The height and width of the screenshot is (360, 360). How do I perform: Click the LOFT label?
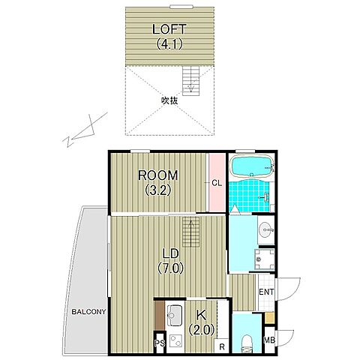click(169, 29)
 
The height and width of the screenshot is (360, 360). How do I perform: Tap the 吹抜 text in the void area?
click(169, 100)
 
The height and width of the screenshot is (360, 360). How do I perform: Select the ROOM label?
click(158, 175)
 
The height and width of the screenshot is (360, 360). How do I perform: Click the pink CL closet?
click(217, 183)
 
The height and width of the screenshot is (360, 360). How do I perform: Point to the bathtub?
click(252, 166)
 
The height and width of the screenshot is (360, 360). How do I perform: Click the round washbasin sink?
click(266, 229)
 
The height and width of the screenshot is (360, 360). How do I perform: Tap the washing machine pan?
click(265, 259)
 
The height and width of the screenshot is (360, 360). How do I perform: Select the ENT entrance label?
click(266, 292)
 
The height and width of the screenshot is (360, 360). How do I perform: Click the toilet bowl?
click(247, 343)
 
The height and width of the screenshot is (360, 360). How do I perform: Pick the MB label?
click(269, 340)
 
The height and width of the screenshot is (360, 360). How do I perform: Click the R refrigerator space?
click(222, 346)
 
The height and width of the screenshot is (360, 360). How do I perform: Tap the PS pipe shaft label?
click(160, 343)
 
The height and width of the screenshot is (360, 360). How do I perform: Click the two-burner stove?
click(175, 341)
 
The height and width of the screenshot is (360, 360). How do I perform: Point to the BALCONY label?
click(88, 312)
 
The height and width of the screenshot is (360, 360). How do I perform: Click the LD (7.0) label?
click(171, 261)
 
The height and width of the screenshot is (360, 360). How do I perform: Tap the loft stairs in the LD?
click(190, 232)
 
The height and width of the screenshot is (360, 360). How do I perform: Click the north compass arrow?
click(85, 130)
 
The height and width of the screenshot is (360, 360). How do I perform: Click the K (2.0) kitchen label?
click(202, 322)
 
